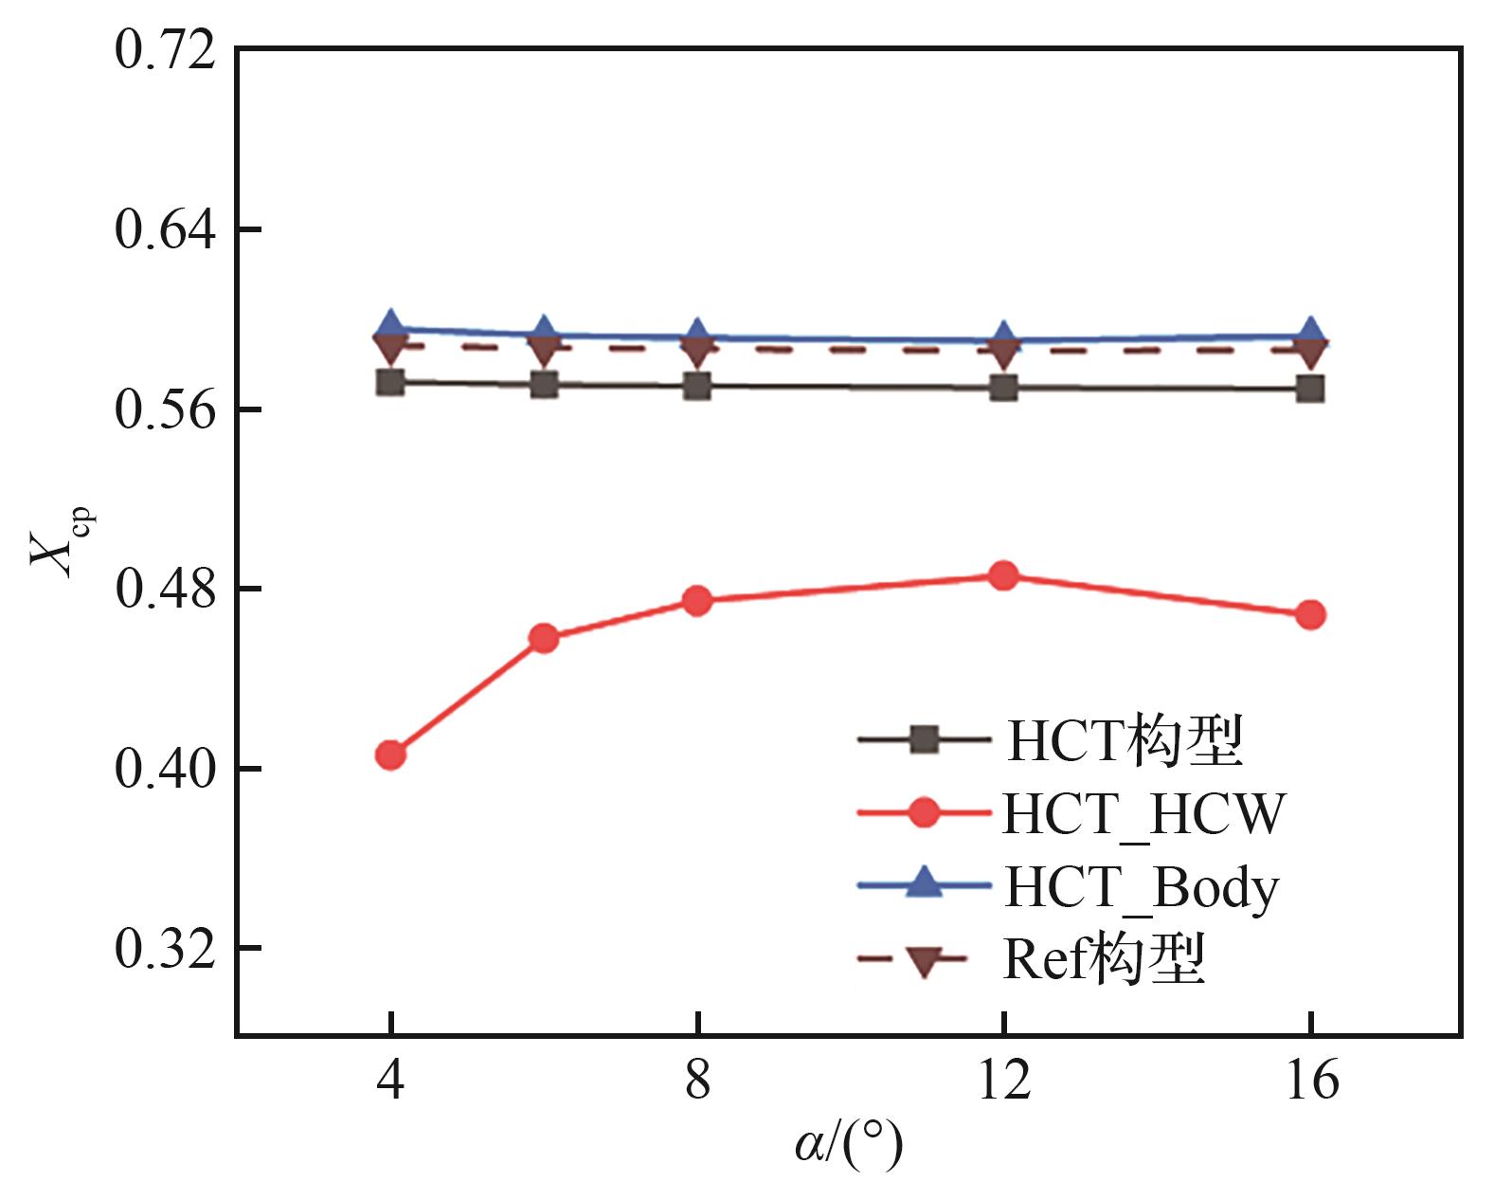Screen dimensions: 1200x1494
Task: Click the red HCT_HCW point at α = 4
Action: coord(390,755)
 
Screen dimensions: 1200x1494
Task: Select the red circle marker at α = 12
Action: coord(1003,575)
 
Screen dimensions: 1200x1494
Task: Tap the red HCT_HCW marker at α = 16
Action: coord(1310,614)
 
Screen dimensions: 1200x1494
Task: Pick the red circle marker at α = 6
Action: coord(544,638)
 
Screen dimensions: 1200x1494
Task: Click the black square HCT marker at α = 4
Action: coord(390,382)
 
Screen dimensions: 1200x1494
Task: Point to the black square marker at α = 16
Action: coord(1310,389)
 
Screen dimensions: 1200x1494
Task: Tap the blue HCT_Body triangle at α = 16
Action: coord(1310,332)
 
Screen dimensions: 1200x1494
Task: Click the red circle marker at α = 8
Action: coord(697,600)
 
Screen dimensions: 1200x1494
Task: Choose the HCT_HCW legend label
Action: coord(1143,813)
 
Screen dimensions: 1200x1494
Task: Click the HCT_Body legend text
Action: coord(1142,887)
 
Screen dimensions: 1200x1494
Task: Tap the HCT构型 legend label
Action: coord(1125,740)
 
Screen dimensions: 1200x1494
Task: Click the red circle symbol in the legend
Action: coord(923,812)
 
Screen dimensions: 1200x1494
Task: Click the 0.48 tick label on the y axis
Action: coord(165,589)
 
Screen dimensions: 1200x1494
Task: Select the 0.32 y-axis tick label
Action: coord(165,948)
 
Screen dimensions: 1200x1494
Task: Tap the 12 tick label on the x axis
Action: coord(1003,1080)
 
